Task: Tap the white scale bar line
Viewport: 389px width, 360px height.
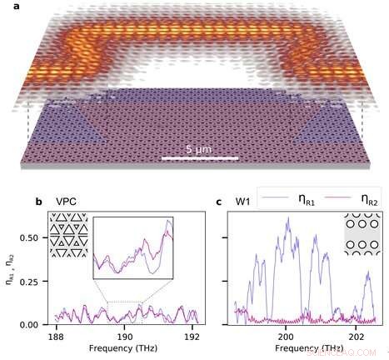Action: tap(200, 157)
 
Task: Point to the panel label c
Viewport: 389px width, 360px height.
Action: tap(218, 201)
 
